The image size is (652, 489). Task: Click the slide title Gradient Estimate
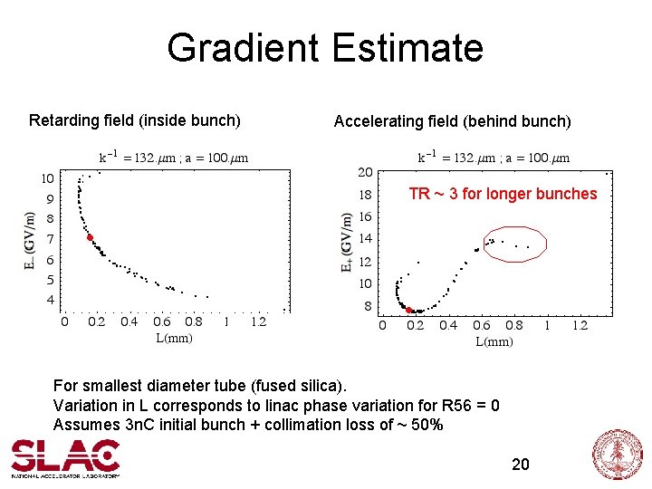pos(325,48)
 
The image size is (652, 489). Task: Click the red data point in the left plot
pos(90,237)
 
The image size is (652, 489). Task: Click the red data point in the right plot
pos(409,310)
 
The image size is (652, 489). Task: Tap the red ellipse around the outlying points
pos(514,244)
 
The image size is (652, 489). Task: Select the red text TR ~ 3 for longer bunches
pos(503,194)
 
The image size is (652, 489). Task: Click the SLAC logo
pos(65,457)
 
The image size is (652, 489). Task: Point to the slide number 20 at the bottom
pos(521,465)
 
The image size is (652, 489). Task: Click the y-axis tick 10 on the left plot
pos(47,177)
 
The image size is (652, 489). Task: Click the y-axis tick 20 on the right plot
pos(365,172)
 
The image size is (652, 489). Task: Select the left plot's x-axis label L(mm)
pos(174,339)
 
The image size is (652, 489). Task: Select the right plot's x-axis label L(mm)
pos(494,341)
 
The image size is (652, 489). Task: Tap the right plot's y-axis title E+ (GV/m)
pos(347,242)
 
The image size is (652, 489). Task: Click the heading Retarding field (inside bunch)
pos(134,120)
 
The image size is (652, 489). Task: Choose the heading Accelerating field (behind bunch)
pos(452,121)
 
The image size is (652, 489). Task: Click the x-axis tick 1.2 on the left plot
pos(258,321)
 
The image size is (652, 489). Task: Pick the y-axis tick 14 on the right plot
pos(365,239)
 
